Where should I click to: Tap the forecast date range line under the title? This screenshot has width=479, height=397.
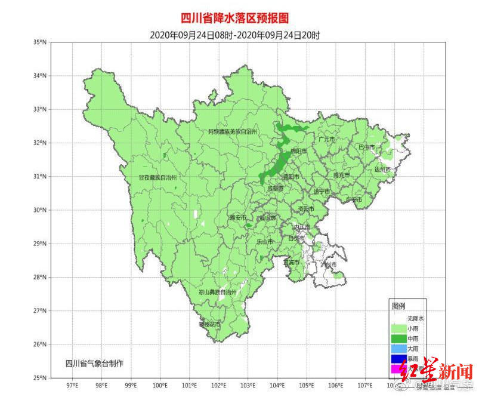point(234,35)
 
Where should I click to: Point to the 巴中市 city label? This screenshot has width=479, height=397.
point(366,147)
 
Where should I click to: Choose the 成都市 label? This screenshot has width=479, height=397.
point(275,188)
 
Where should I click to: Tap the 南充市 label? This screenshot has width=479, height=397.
point(342,175)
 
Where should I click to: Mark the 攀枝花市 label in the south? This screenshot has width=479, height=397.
point(210,324)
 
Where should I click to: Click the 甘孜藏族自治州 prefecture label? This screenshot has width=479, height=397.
point(158,177)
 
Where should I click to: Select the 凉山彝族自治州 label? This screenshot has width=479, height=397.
point(218,293)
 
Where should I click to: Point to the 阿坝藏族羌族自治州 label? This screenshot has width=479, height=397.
point(232,131)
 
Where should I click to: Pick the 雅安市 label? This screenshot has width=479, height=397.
point(237,218)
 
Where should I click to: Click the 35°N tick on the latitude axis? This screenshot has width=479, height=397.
point(41,42)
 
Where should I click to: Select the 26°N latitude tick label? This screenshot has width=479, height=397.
point(41,344)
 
